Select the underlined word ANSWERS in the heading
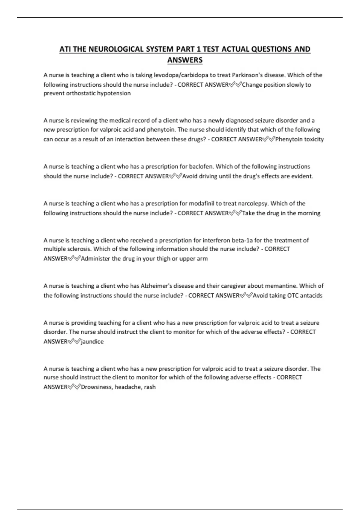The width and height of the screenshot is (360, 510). point(185,60)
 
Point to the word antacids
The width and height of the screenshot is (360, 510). point(311,295)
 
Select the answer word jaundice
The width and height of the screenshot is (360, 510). point(92,342)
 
